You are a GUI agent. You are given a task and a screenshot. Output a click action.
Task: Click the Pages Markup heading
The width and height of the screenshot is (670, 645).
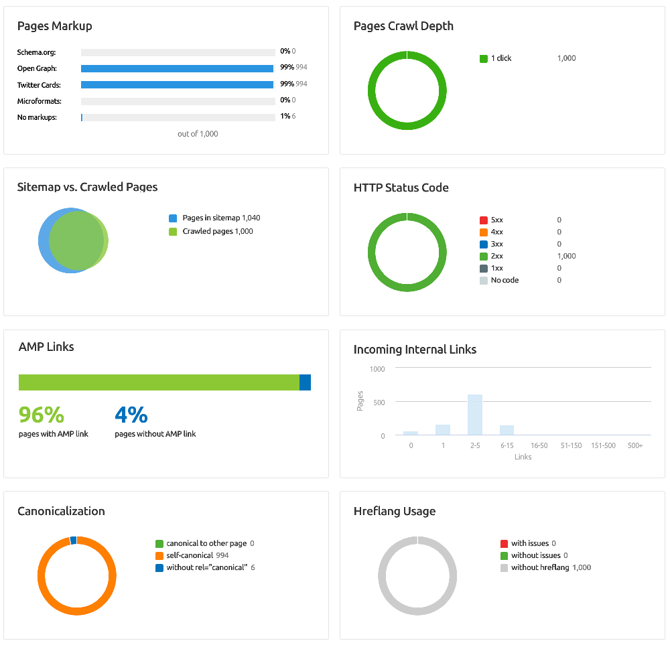[x=54, y=26]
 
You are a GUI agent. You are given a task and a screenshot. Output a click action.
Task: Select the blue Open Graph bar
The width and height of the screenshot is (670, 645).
[x=177, y=68]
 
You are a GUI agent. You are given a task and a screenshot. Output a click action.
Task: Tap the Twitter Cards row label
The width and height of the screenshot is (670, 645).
[x=39, y=85]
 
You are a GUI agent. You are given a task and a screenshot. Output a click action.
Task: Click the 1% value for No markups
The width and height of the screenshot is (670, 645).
[x=285, y=117]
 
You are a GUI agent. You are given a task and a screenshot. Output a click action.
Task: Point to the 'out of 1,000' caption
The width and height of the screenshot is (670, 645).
[x=198, y=134]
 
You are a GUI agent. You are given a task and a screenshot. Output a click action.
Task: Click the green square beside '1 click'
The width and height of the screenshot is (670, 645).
[x=484, y=58]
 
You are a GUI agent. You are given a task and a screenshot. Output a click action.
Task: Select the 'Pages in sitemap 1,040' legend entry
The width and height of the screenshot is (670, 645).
[x=220, y=218]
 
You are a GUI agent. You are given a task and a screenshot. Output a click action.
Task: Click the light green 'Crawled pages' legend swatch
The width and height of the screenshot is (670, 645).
[x=173, y=232]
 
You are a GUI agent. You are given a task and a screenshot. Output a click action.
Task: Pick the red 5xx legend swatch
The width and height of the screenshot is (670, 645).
[x=484, y=220]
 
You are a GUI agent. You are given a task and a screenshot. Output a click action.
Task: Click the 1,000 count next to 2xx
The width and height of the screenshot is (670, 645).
[x=566, y=256]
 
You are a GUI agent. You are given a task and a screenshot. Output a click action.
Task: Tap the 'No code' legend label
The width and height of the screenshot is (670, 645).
[x=505, y=280]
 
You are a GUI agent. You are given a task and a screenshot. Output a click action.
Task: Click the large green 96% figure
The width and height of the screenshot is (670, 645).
[x=41, y=415]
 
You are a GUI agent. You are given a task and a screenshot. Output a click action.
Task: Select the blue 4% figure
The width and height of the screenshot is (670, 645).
[x=131, y=415]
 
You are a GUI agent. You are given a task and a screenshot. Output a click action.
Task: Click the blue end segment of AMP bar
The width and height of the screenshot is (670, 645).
[x=305, y=382]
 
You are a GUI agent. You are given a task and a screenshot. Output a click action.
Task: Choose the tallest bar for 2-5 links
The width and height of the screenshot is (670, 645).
[x=475, y=415]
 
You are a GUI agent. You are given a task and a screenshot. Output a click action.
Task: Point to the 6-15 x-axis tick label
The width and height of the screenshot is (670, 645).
[x=507, y=445]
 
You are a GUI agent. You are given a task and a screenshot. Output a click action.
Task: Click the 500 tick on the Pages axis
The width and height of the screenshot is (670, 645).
[x=379, y=402]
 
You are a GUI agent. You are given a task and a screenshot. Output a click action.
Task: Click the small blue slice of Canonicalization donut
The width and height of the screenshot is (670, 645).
[x=73, y=540]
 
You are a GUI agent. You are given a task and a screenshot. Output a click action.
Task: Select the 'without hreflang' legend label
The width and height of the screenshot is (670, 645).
[x=539, y=567]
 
